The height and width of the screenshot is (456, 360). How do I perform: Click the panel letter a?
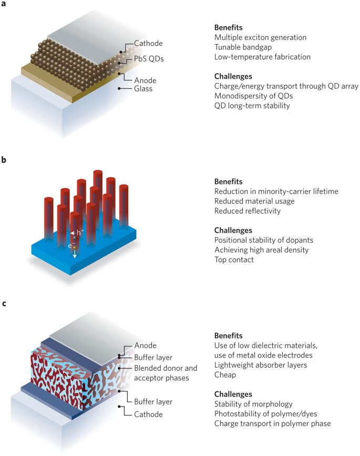point(4,4)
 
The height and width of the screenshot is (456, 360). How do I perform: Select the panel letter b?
point(4,158)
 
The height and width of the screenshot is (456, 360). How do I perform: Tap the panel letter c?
point(4,303)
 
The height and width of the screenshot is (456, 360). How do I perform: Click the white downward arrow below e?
point(75,255)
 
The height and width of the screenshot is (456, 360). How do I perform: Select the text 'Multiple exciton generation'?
point(260,37)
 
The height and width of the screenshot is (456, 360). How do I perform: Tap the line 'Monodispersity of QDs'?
point(253,96)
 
